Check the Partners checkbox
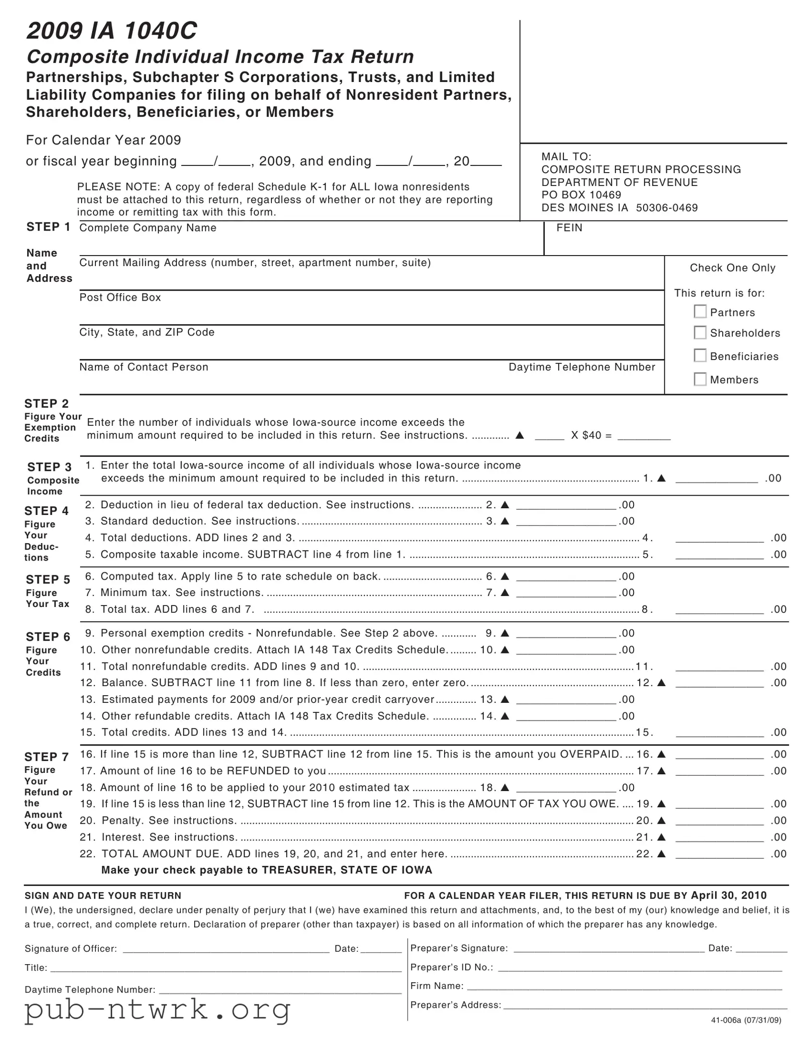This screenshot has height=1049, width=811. (700, 311)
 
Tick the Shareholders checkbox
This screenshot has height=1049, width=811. (700, 332)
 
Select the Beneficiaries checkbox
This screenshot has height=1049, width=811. (700, 355)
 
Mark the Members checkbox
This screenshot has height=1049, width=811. (700, 379)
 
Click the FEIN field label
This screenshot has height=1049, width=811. (569, 228)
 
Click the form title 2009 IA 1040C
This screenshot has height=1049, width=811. (111, 31)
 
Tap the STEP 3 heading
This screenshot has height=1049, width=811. (49, 467)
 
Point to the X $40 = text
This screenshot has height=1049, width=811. (591, 435)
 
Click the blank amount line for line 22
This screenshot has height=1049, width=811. (719, 854)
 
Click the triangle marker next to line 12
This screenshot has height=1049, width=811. (661, 683)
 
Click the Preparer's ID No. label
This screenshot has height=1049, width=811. (452, 967)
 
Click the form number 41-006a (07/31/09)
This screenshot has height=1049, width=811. (746, 1020)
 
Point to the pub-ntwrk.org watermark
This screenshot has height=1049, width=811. (158, 1009)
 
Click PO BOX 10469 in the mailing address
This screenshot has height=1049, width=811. (581, 195)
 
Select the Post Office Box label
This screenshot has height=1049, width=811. (120, 297)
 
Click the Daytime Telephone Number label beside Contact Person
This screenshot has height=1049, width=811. (582, 367)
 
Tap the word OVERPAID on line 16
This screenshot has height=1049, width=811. (590, 754)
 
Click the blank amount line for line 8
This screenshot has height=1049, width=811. (719, 610)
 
